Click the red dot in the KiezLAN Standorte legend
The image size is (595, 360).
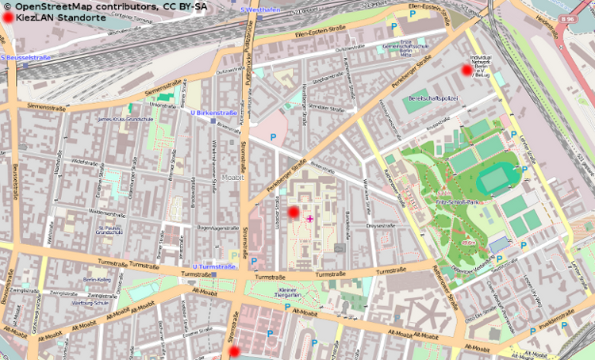(7, 17)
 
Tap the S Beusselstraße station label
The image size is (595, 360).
(25, 58)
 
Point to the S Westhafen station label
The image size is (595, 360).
(260, 10)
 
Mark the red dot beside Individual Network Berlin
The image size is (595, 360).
(466, 70)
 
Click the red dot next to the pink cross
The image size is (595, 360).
(293, 212)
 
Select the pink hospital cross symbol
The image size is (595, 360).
(309, 218)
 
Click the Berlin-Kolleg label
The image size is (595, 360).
(96, 280)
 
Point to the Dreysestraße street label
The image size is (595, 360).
(381, 226)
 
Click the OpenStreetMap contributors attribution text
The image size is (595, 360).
(106, 6)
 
